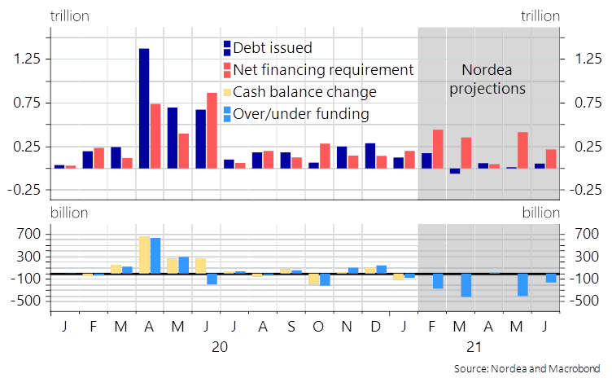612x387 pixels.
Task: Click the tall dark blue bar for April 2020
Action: click(144, 108)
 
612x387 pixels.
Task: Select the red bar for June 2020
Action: click(212, 130)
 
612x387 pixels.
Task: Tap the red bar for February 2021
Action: click(438, 148)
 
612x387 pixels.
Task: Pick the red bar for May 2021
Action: click(522, 150)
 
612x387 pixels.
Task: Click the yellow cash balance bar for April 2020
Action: click(144, 254)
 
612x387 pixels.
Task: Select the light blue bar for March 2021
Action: click(466, 285)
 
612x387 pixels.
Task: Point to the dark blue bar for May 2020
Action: click(173, 138)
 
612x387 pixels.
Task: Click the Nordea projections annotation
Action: click(488, 79)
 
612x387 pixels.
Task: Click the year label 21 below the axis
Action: click(474, 346)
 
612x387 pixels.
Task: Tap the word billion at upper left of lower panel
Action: click(70, 213)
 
